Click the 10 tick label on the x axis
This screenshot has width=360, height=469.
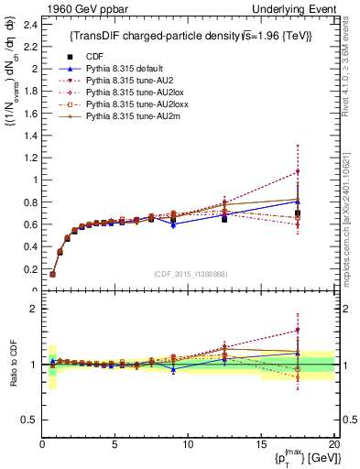(188, 445)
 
